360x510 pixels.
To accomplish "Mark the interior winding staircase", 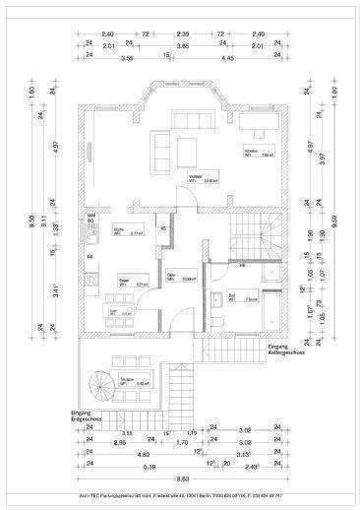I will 250,236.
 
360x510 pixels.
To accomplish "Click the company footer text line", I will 180,495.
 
